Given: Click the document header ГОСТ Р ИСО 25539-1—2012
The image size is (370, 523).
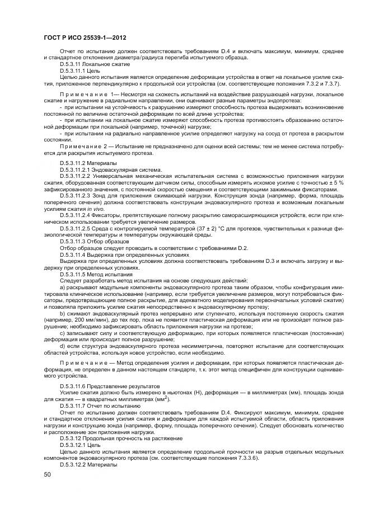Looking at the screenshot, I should [84, 37].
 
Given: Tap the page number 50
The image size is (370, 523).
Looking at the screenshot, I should [47, 474].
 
